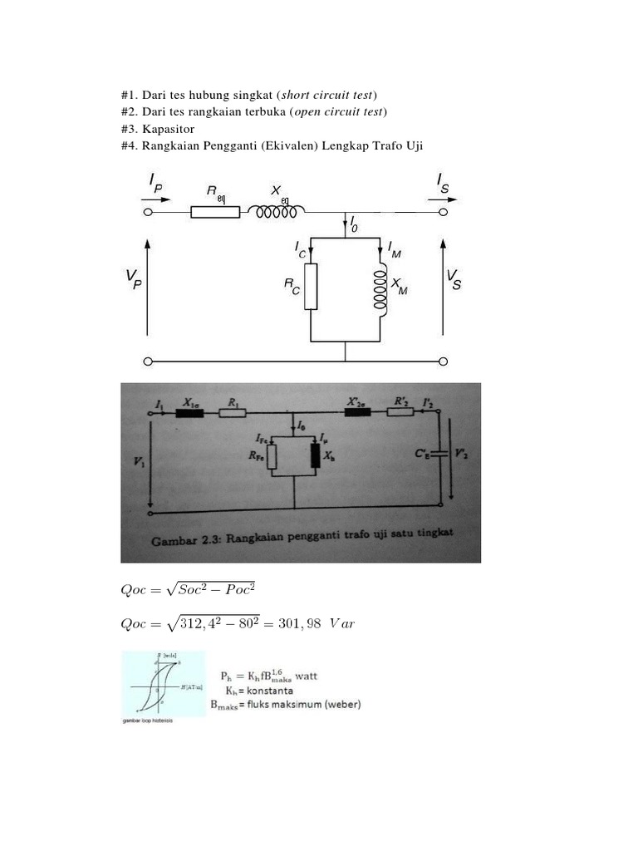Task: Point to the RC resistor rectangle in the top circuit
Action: point(311,287)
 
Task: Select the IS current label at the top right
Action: point(442,182)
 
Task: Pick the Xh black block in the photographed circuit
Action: point(315,455)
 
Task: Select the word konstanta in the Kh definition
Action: point(266,690)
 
